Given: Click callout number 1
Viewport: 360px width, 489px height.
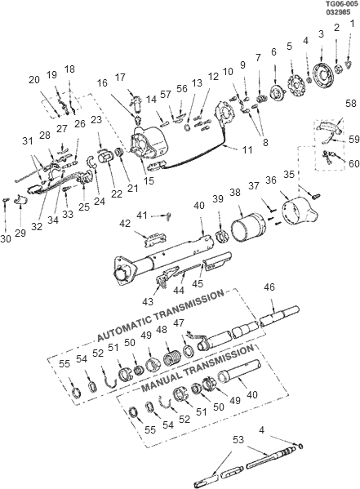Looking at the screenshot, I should point(352,24).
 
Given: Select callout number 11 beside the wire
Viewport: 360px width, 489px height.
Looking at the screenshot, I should point(247,150).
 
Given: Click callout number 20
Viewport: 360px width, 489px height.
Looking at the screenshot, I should point(34,79).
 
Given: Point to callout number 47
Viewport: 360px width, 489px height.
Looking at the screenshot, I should point(200,323).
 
